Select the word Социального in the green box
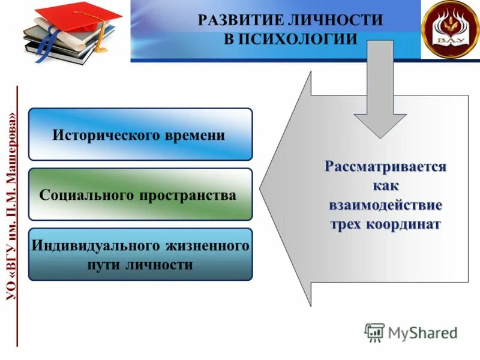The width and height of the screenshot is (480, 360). point(85,196)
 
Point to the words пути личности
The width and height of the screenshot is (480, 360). point(141,265)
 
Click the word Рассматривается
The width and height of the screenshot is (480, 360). point(385,166)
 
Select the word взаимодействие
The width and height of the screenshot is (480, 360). point(385,205)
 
